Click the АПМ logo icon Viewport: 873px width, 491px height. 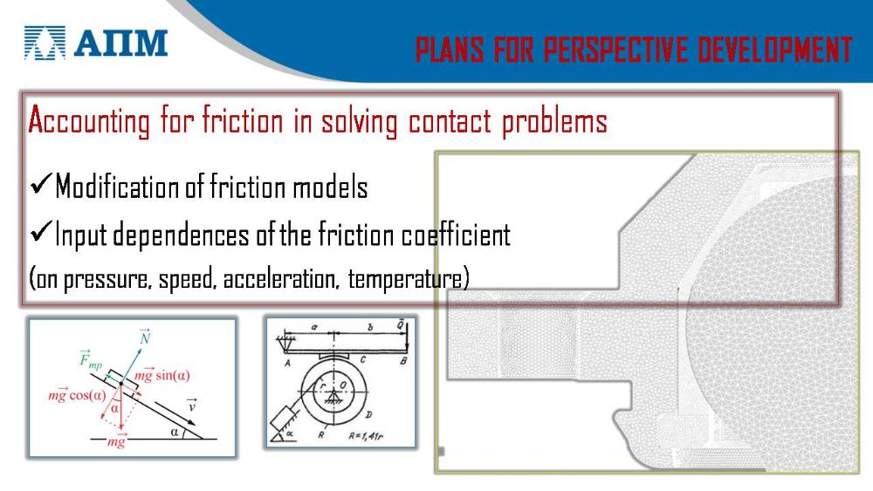coord(45,43)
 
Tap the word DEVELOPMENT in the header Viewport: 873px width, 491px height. coord(774,50)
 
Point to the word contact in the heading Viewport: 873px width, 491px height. coord(450,120)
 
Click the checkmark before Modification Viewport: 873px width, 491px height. coord(41,183)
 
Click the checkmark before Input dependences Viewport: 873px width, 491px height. coord(41,231)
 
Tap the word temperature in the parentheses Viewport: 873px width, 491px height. coord(405,279)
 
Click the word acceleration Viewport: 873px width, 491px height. coord(280,278)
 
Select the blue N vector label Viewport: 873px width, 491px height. coord(145,337)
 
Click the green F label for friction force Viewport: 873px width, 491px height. coord(90,360)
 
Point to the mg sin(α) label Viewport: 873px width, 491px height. coord(162,375)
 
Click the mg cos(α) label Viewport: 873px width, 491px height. coord(77,395)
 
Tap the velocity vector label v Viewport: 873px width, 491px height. coord(191,406)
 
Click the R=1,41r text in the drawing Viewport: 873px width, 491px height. coord(366,436)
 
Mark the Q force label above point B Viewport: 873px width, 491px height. coord(401,324)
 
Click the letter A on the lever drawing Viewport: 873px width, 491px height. coord(288,363)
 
